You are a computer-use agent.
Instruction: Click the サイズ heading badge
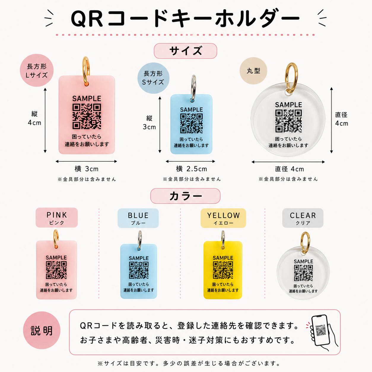(x=185, y=51)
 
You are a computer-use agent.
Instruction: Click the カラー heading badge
(x=185, y=196)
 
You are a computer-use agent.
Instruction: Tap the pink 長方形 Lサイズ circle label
(x=37, y=71)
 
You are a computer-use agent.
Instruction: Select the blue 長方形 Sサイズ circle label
(x=153, y=78)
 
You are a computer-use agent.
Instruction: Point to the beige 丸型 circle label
(x=253, y=71)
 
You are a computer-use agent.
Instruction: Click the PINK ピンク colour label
(x=57, y=217)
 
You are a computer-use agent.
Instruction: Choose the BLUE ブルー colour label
(x=138, y=218)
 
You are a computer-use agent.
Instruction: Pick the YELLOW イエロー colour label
(x=223, y=218)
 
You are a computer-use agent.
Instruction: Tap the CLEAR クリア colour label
(x=303, y=218)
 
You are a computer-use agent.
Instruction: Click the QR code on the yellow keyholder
(x=223, y=270)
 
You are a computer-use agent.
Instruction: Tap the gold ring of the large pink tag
(x=86, y=69)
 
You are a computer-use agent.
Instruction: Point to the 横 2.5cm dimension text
(x=191, y=169)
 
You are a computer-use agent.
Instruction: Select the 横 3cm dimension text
(x=87, y=169)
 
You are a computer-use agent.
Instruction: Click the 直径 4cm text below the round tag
(x=289, y=169)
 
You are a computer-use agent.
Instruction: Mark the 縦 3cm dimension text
(x=149, y=123)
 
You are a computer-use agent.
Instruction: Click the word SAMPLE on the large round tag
(x=288, y=105)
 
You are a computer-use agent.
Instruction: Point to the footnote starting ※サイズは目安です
(x=189, y=364)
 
